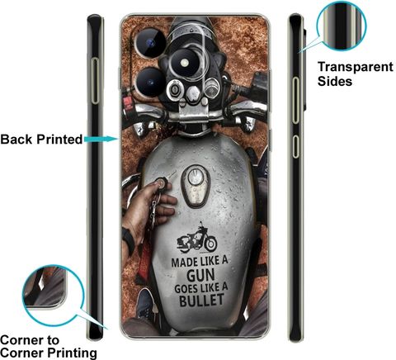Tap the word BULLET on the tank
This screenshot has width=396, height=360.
coord(201,300)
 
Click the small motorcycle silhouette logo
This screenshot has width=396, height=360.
coord(197,238)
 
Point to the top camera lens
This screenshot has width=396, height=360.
coord(150,43)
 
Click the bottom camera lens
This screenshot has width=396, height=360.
coord(151,83)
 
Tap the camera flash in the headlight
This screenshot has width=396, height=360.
coord(185,63)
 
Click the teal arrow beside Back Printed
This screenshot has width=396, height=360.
coord(101,139)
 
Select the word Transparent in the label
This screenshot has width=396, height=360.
coord(356,67)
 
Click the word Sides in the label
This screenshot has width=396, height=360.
coord(335,81)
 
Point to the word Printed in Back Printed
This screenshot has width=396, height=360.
coord(59,139)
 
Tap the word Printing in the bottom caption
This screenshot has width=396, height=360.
coord(72,353)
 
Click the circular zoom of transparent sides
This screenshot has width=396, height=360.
coord(342,26)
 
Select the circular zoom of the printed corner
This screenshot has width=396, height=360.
coord(53,296)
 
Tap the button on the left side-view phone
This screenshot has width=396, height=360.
coord(95,81)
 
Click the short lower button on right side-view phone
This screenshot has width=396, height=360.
coord(295,146)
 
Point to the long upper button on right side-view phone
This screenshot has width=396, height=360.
coord(295,100)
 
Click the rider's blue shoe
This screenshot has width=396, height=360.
coord(146,304)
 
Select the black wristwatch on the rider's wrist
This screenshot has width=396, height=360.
coord(129,239)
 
